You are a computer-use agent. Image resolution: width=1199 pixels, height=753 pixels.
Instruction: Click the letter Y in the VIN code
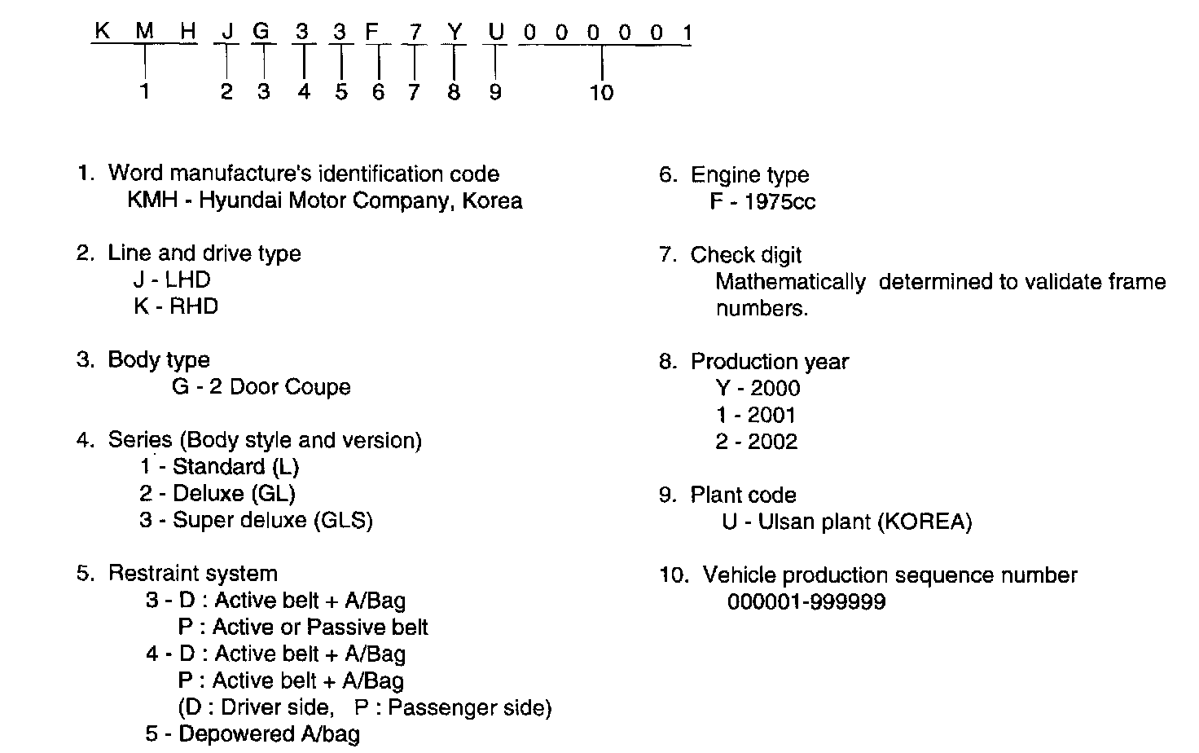click(x=454, y=33)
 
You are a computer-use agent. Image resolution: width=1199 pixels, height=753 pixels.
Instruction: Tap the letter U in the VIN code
click(x=495, y=33)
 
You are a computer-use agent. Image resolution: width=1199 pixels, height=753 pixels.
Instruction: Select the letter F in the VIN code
click(x=374, y=33)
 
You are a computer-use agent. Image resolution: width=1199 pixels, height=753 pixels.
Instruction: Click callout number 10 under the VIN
click(x=601, y=93)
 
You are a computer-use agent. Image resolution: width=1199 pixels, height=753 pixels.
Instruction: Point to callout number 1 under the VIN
click(x=145, y=92)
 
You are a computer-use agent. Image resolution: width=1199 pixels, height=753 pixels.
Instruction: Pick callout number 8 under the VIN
click(x=454, y=92)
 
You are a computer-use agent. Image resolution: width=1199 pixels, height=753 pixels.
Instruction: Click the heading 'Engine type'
click(x=749, y=175)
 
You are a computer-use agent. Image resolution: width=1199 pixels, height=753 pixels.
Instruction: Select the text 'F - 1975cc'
click(x=762, y=201)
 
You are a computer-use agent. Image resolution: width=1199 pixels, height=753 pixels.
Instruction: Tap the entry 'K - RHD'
click(x=176, y=306)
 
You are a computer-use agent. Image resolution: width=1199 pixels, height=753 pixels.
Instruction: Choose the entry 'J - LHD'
click(x=172, y=280)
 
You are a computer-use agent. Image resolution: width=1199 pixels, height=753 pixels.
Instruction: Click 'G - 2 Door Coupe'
click(x=261, y=386)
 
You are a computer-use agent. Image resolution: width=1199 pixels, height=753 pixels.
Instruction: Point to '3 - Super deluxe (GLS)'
click(x=256, y=520)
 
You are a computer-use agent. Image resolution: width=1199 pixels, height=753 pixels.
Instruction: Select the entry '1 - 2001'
click(x=756, y=415)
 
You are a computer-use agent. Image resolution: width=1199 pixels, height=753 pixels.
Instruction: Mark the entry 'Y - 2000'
click(x=758, y=388)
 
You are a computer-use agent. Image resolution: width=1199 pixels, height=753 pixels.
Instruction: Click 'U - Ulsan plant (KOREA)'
click(x=847, y=522)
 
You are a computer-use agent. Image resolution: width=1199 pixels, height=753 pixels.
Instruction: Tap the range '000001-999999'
click(x=806, y=602)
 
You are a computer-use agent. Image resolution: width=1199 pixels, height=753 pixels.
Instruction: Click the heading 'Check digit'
click(x=745, y=255)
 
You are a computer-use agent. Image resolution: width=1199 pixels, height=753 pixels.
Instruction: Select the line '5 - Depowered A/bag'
click(x=253, y=734)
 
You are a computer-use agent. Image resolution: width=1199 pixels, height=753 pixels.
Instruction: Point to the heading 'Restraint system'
click(x=192, y=574)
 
